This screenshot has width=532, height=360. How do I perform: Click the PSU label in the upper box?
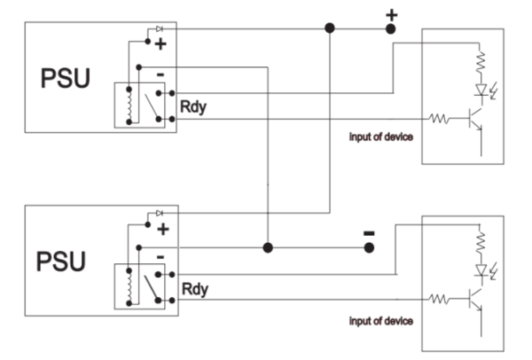pyautogui.click(x=64, y=79)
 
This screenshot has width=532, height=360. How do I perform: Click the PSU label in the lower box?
pyautogui.click(x=64, y=262)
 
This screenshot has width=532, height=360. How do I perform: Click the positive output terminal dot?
pyautogui.click(x=390, y=29)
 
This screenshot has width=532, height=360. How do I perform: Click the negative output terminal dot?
pyautogui.click(x=370, y=247)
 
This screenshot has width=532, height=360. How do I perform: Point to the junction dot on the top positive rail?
pyautogui.click(x=330, y=29)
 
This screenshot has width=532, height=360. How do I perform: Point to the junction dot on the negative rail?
pyautogui.click(x=267, y=247)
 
